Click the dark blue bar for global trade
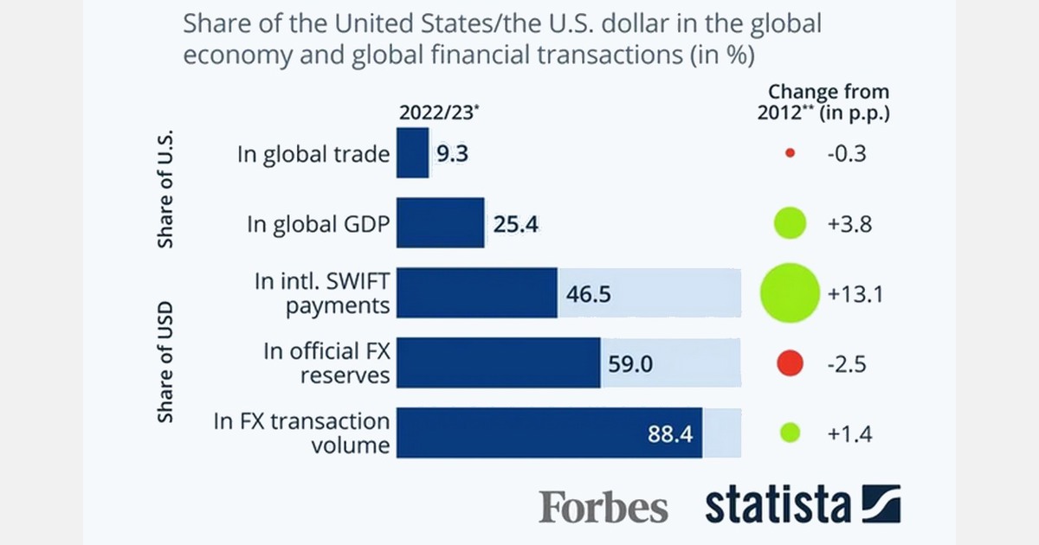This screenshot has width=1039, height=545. click(413, 154)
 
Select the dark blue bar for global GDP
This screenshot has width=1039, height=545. click(441, 224)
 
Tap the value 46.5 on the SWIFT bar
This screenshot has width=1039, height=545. click(589, 294)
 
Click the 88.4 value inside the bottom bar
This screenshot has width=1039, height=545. click(670, 433)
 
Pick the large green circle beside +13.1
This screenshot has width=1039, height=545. click(789, 293)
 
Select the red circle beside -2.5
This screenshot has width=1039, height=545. click(790, 363)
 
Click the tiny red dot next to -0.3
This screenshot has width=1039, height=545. click(789, 154)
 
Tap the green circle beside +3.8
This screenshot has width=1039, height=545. click(790, 224)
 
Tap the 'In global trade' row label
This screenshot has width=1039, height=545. click(313, 154)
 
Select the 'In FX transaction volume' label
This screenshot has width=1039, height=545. click(301, 433)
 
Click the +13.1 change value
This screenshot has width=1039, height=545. click(853, 294)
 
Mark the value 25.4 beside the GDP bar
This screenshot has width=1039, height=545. click(516, 225)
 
